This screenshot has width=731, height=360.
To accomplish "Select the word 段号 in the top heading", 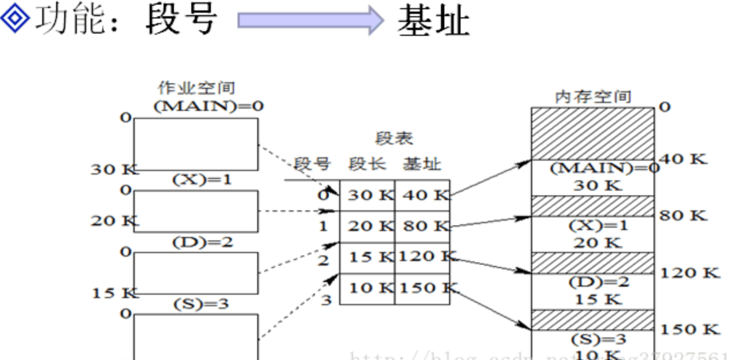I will pos(181,18).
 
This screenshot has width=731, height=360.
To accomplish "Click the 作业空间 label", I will pos(196,88).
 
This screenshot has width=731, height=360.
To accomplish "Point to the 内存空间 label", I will pos(593,97).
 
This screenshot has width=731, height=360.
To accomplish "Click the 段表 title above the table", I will pos(394,139).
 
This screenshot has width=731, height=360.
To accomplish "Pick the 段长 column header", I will pos(367,165).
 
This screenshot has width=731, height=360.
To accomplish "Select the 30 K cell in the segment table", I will pos(368,195).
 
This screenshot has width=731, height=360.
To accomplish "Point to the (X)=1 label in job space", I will pos(202,180).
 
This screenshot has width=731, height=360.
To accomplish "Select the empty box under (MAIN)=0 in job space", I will pos(196,144).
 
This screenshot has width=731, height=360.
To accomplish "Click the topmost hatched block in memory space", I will pos(593,133).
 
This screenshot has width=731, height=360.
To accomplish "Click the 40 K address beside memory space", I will pos(684,158).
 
